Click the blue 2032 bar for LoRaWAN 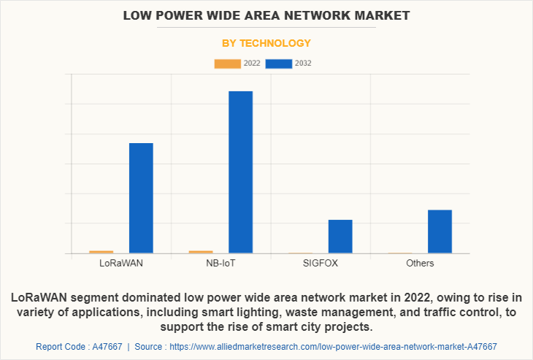click(141, 198)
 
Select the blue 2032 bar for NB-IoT click(240, 172)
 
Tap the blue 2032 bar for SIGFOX click(340, 237)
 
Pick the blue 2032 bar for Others click(440, 231)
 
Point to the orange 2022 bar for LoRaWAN click(101, 252)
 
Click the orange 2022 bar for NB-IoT click(201, 252)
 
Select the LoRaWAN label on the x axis click(121, 263)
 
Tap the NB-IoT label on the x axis click(221, 263)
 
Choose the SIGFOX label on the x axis click(321, 263)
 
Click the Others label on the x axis click(420, 263)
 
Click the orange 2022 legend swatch click(227, 64)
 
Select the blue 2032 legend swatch click(279, 64)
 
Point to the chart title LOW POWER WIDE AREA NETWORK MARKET click(266, 15)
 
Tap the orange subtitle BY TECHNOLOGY click(266, 43)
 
